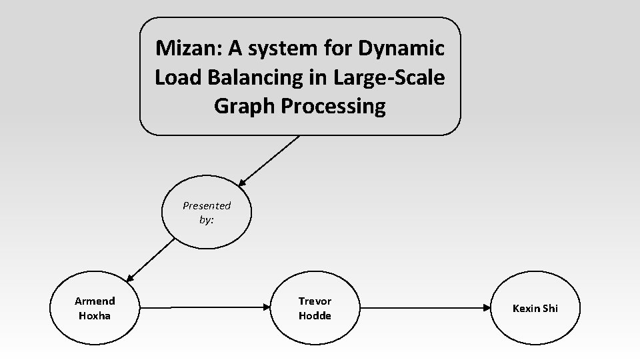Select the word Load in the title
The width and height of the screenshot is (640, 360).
tap(175, 77)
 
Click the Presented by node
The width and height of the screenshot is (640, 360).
tap(207, 213)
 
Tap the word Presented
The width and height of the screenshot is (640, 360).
tap(207, 205)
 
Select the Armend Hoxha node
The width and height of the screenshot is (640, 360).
tap(95, 308)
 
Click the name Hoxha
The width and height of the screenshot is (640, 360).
tap(95, 315)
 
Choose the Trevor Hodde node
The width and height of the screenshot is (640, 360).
tap(315, 308)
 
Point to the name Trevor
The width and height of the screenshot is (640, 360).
tap(315, 301)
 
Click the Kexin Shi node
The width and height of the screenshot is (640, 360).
tap(535, 308)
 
